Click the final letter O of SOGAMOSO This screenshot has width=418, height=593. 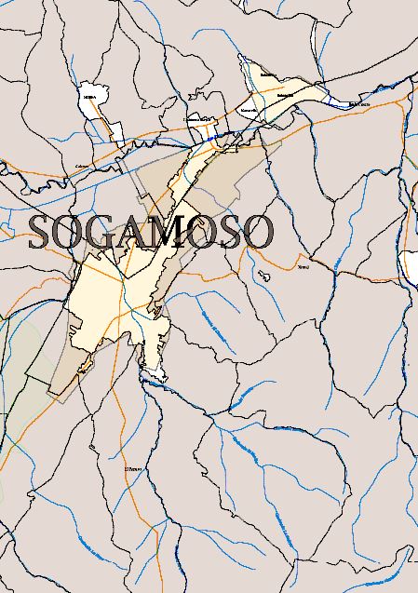tap(258, 233)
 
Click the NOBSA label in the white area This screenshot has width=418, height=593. tap(89, 96)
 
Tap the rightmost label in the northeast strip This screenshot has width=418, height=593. tap(359, 105)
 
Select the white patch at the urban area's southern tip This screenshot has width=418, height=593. tap(153, 374)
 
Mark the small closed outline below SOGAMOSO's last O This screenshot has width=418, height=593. tap(264, 276)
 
